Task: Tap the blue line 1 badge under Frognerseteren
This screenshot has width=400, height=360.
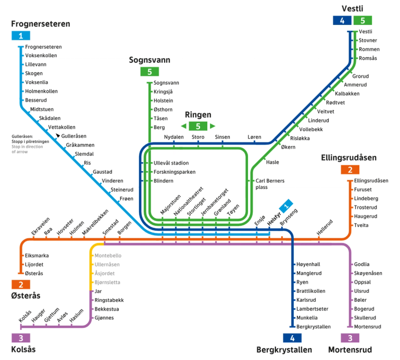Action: [x=21, y=36]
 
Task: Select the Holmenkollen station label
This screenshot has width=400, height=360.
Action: [x=41, y=91]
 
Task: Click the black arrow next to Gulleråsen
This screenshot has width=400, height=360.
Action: [x=58, y=135]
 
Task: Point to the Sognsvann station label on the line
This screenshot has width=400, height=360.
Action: [x=167, y=83]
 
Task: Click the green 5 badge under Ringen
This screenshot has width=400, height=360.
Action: [x=198, y=126]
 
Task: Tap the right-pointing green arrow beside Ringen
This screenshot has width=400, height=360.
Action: [x=213, y=126]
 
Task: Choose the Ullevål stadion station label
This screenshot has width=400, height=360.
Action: [x=171, y=163]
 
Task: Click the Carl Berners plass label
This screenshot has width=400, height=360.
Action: [x=270, y=184]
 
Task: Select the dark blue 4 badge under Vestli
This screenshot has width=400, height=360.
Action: [x=342, y=21]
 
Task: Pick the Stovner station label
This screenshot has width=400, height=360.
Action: [x=368, y=41]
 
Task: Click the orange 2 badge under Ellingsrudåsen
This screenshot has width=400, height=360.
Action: [x=350, y=170]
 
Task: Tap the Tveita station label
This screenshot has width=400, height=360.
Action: [x=361, y=225]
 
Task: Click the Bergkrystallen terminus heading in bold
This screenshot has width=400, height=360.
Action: [x=284, y=349]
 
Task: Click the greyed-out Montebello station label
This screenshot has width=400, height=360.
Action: [x=108, y=256]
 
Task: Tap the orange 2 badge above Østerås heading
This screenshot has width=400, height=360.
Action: [x=21, y=284]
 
